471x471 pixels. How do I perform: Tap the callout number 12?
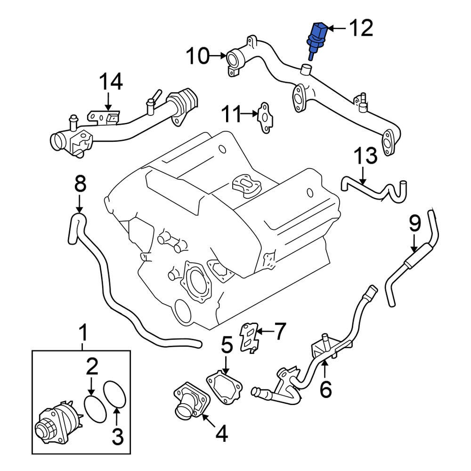[360, 29]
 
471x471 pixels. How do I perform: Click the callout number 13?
[365, 155]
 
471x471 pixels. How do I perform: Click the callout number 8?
[80, 184]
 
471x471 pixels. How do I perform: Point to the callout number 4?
[221, 434]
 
